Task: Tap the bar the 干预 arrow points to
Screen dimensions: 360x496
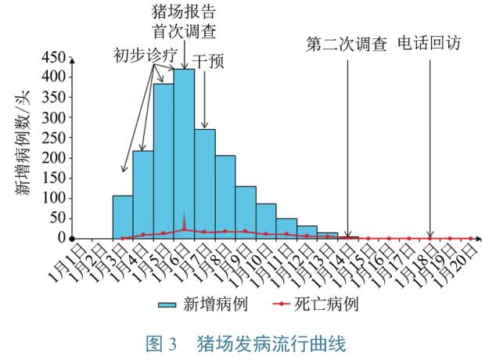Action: click(204, 183)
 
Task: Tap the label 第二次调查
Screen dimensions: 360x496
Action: click(347, 44)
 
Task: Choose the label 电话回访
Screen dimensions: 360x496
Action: click(430, 43)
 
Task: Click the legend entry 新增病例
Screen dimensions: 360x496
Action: click(216, 303)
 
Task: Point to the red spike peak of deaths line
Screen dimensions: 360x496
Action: click(184, 211)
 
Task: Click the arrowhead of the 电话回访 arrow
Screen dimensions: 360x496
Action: click(430, 235)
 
